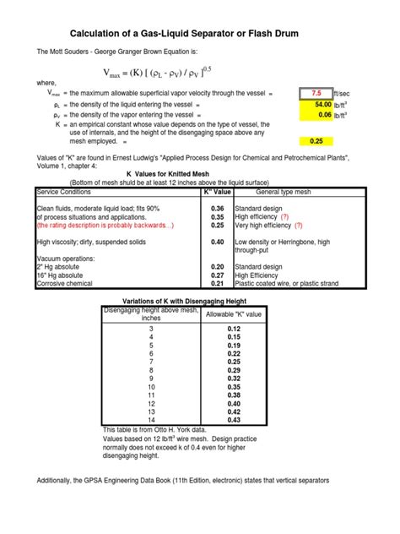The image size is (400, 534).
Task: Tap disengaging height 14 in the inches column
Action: click(x=151, y=421)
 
